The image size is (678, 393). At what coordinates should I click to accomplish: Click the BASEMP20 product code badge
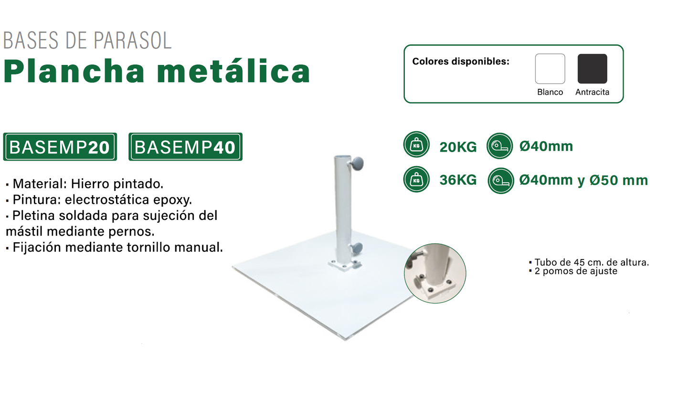click(x=60, y=146)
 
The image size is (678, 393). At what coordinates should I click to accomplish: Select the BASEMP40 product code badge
click(x=185, y=146)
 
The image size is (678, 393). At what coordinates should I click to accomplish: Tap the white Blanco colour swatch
click(x=550, y=69)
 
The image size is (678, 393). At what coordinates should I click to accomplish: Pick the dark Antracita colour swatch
click(x=593, y=69)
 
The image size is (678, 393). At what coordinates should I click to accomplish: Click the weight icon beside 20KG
click(x=416, y=145)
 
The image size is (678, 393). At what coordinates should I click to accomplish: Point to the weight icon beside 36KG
click(x=416, y=179)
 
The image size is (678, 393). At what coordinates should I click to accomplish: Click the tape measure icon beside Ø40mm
click(x=500, y=146)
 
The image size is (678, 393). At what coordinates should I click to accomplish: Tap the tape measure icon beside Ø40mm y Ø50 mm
click(x=501, y=181)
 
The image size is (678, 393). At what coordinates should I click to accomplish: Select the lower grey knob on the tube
click(x=358, y=248)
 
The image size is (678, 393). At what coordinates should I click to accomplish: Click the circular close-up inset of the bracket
click(x=435, y=273)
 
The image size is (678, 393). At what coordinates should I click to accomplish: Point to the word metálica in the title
click(x=233, y=71)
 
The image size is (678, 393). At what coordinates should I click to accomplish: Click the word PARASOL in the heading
click(x=132, y=40)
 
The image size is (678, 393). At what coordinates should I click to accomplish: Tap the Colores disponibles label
click(x=461, y=62)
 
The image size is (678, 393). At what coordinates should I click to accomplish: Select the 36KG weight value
click(x=458, y=180)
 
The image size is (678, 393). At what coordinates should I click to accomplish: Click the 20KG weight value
click(x=458, y=147)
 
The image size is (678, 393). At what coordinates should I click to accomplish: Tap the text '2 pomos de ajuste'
click(x=576, y=271)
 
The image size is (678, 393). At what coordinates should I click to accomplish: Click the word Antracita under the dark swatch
click(x=593, y=92)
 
